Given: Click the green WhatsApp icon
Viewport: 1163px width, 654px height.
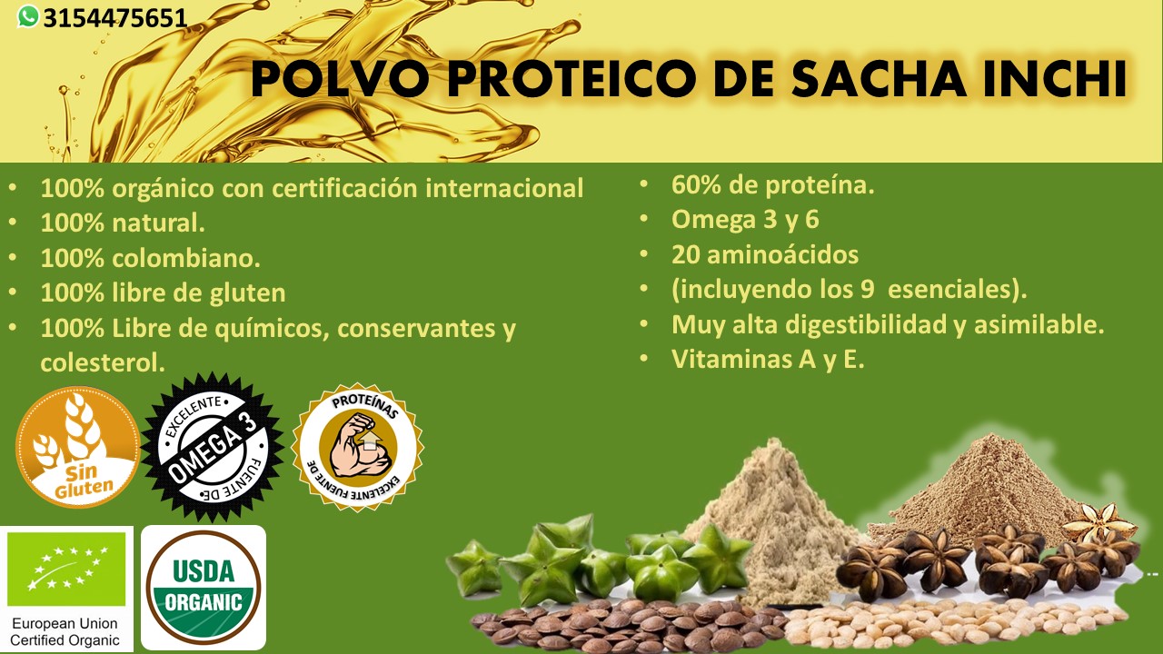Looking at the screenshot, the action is [x=28, y=16].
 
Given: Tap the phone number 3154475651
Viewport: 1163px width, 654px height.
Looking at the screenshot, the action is [x=114, y=19].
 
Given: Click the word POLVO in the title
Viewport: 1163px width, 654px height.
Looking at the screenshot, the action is [x=340, y=79].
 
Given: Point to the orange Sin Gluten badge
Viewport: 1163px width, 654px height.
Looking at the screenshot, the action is [x=78, y=447].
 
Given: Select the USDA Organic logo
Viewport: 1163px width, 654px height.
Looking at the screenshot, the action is [x=204, y=588].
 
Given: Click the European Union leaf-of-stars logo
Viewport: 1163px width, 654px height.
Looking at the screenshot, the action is [x=66, y=569].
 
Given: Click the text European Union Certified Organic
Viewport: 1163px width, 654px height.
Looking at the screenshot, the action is [x=65, y=631].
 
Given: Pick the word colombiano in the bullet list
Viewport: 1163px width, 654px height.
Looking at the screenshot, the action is [x=186, y=258].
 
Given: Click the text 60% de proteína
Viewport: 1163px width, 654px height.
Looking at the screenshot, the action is [x=773, y=184].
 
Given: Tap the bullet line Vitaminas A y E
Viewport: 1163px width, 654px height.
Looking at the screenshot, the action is [x=768, y=359].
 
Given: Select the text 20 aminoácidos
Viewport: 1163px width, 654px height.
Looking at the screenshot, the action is [x=765, y=255].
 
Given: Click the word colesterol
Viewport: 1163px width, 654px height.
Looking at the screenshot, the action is [x=103, y=362].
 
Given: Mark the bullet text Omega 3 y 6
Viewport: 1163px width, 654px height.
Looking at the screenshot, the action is [x=745, y=220].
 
